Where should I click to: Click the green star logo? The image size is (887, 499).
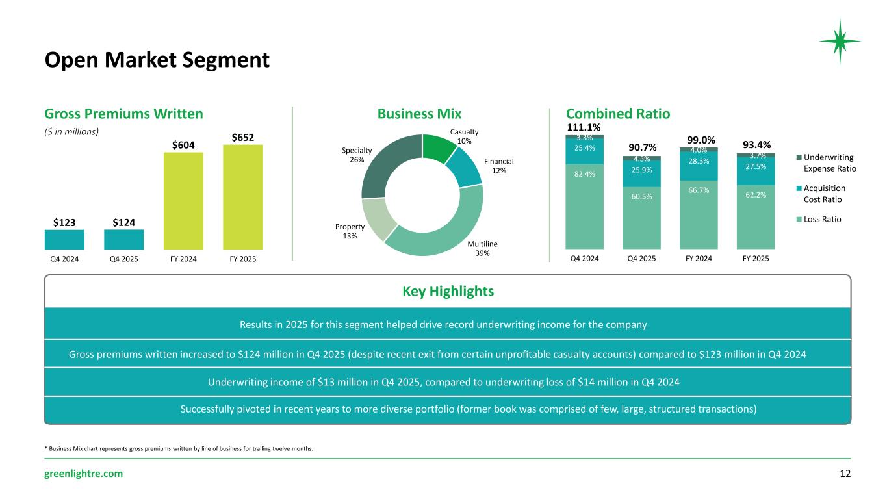(x=840, y=41)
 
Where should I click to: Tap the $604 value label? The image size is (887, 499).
(x=183, y=144)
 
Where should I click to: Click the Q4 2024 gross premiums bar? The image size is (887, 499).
(x=64, y=240)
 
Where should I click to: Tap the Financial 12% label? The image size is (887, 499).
(x=498, y=166)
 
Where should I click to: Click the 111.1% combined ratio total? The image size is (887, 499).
(x=584, y=127)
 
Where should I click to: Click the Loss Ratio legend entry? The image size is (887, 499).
(x=822, y=219)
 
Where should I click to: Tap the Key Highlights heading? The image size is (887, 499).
(x=448, y=292)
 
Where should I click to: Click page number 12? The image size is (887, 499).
(x=845, y=474)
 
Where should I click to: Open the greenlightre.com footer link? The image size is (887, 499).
(x=83, y=474)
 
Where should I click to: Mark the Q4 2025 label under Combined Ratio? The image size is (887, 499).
(x=641, y=259)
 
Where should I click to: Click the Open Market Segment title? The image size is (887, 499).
(x=157, y=60)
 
